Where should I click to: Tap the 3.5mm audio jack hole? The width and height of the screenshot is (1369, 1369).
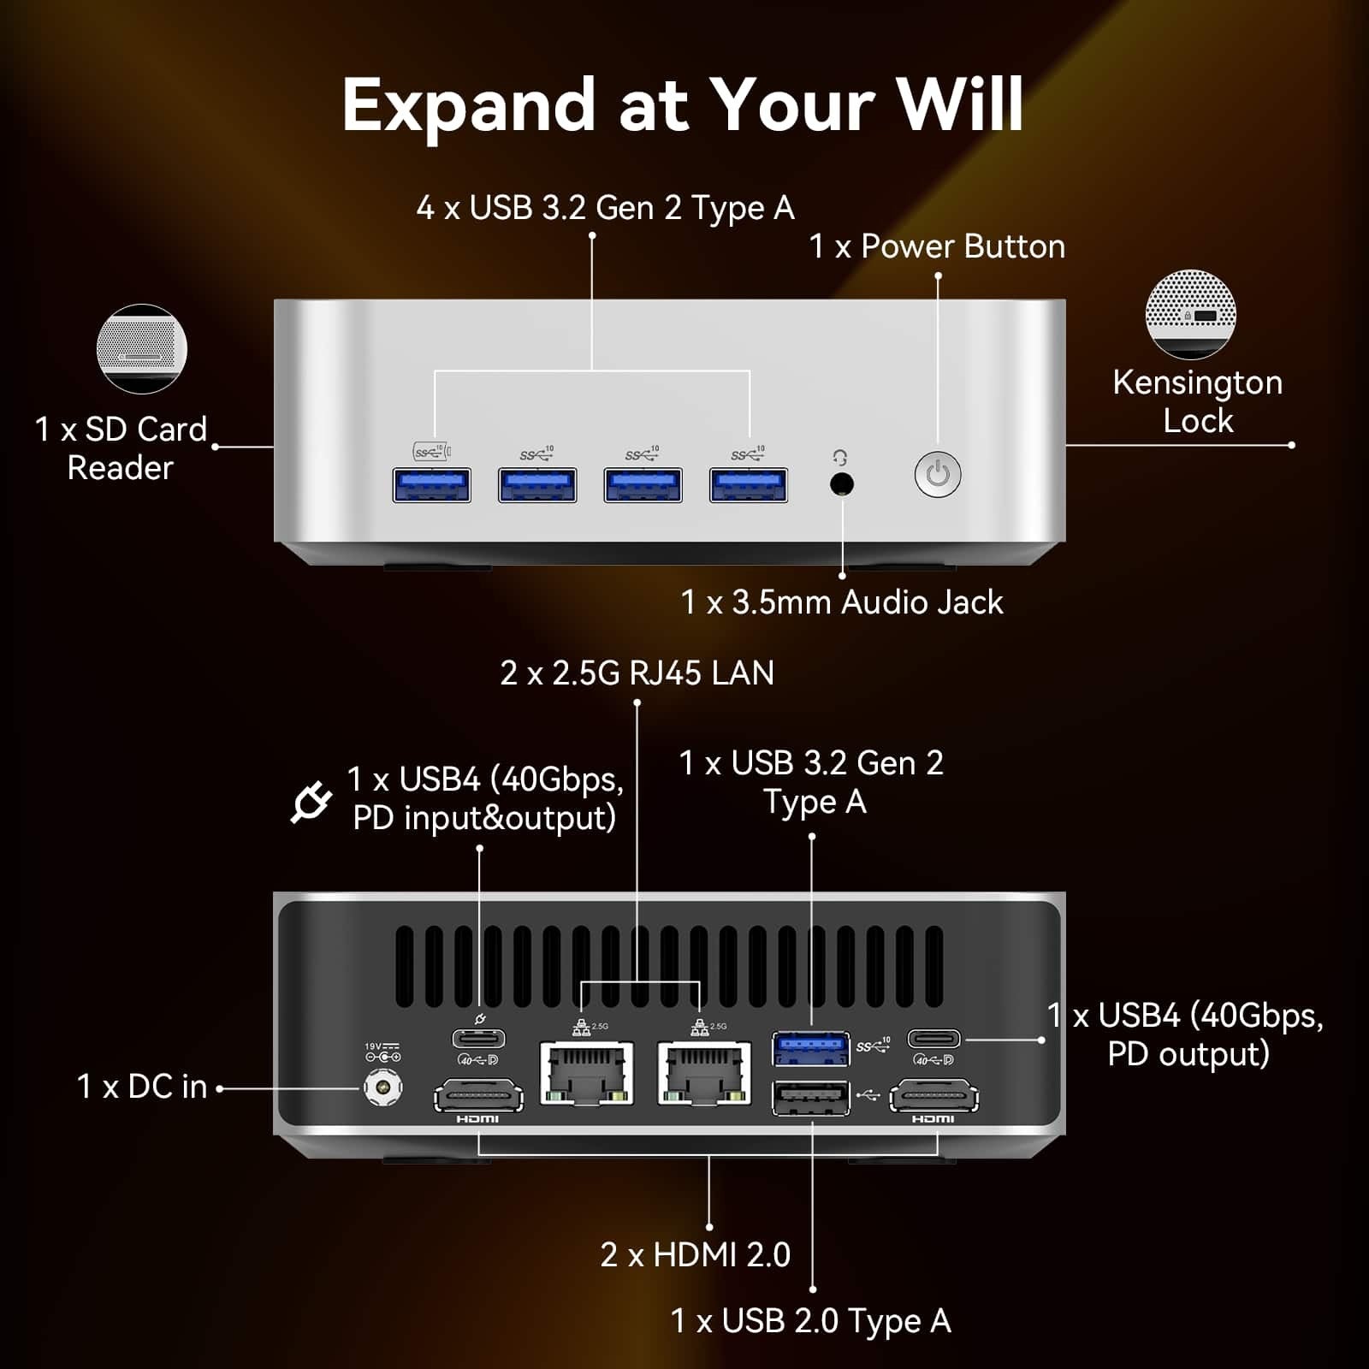pyautogui.click(x=842, y=484)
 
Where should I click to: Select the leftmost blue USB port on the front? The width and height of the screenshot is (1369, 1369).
pyautogui.click(x=431, y=484)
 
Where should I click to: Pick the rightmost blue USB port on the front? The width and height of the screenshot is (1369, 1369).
pyautogui.click(x=749, y=484)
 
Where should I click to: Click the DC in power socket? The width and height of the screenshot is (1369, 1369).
pyautogui.click(x=382, y=1088)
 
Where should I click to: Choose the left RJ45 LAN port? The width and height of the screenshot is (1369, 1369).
pyautogui.click(x=587, y=1072)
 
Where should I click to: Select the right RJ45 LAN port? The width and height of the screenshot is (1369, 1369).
pyautogui.click(x=704, y=1072)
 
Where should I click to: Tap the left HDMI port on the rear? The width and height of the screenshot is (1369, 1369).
pyautogui.click(x=478, y=1096)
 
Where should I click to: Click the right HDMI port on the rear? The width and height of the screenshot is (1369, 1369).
pyautogui.click(x=934, y=1096)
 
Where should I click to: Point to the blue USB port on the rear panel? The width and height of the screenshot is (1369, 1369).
pyautogui.click(x=810, y=1048)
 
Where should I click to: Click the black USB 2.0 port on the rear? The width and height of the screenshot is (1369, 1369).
pyautogui.click(x=810, y=1098)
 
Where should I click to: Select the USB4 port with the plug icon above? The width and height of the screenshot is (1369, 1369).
pyautogui.click(x=478, y=1039)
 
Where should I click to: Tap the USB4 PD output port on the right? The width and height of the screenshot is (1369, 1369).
pyautogui.click(x=933, y=1039)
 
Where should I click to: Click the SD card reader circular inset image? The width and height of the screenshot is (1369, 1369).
pyautogui.click(x=141, y=349)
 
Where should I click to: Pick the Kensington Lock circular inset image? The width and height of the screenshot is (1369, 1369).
pyautogui.click(x=1190, y=314)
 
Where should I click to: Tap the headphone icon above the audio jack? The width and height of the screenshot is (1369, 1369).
pyautogui.click(x=840, y=458)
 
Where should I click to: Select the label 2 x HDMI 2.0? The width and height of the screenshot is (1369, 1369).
pyautogui.click(x=695, y=1255)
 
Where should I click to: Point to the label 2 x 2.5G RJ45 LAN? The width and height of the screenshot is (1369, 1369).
pyautogui.click(x=637, y=673)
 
